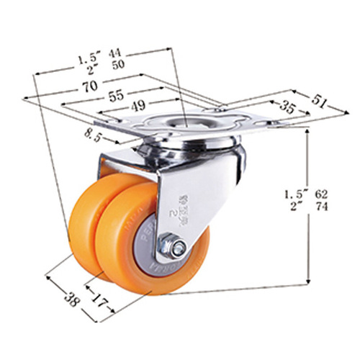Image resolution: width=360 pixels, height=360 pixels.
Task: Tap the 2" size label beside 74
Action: click(x=295, y=207)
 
